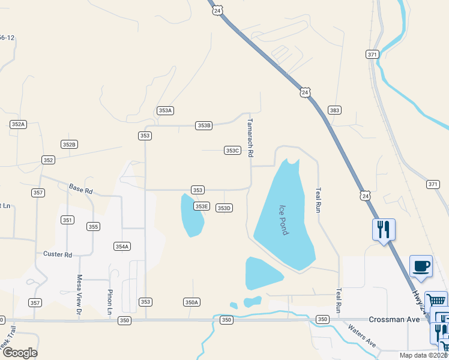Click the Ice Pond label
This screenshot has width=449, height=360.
tap(283, 220)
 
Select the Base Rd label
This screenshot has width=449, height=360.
tap(80, 188)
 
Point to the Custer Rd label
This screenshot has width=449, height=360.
tap(58, 254)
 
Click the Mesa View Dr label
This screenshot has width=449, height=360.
tap(79, 292)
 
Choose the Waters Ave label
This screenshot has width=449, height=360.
tap(361, 336)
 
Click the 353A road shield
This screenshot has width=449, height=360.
tap(165, 110)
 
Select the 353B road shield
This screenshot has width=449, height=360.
tap(204, 125)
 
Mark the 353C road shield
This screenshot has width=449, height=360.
tap(232, 151)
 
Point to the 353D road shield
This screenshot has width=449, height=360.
tap(224, 208)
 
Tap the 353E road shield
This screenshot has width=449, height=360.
tap(201, 206)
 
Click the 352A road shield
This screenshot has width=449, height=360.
tap(19, 124)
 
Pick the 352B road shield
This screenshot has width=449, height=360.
tap(69, 145)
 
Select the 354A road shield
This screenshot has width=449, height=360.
tap(122, 247)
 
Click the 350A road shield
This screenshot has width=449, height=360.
tap(191, 302)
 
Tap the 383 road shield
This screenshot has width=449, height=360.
tap(334, 110)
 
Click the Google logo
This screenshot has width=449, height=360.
tap(20, 353)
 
